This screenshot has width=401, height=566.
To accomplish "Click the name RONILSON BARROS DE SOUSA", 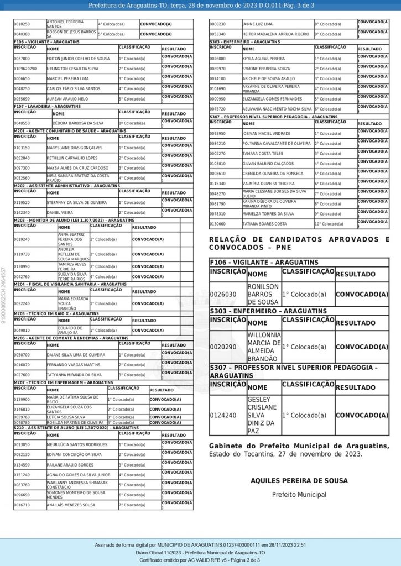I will pos(263,294).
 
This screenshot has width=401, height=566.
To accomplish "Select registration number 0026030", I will pos(223,294).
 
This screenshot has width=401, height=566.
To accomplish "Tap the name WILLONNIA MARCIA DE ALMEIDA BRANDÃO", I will pos(264,347).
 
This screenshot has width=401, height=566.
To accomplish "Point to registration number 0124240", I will pos(223,415).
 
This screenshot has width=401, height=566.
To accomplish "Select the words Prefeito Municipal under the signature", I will pos(299,495).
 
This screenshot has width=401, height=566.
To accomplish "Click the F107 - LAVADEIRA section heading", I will pos(48,106).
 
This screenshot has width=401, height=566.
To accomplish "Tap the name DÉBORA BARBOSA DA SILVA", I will pos(78,123).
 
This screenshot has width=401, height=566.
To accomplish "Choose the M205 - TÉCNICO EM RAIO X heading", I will pos(56,313).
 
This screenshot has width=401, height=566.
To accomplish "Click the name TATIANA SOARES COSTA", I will pos(264,224).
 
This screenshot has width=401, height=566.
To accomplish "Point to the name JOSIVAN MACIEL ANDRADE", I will pos(266,133).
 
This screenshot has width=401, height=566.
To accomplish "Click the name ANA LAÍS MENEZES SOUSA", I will pos(71,505).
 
